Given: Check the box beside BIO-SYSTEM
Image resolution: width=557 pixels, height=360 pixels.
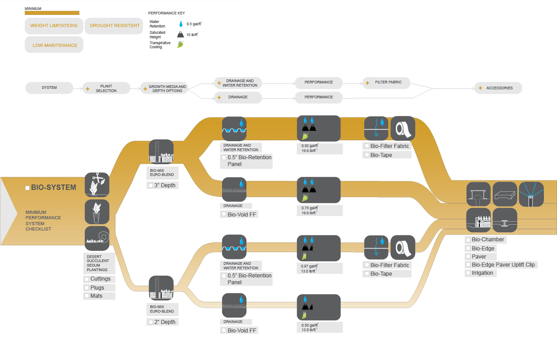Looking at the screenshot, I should pyautogui.click(x=28, y=188).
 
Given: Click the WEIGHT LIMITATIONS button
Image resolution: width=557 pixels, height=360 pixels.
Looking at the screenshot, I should pyautogui.click(x=54, y=26).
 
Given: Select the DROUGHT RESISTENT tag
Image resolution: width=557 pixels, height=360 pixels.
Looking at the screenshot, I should pyautogui.click(x=115, y=26).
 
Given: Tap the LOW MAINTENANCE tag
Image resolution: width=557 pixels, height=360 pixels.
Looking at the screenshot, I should pyautogui.click(x=55, y=45).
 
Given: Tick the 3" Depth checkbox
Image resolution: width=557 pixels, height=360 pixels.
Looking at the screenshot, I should pyautogui.click(x=151, y=185).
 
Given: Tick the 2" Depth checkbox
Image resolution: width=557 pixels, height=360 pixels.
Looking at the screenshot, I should pyautogui.click(x=151, y=322).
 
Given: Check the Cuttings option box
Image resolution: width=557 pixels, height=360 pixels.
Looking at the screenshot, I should pyautogui.click(x=87, y=279).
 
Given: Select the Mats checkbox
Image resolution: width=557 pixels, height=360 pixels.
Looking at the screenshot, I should pyautogui.click(x=87, y=296).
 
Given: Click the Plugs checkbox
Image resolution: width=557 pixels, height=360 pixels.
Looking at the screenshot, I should pyautogui.click(x=87, y=288).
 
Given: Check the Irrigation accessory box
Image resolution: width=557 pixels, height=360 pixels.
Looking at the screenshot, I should pyautogui.click(x=468, y=273).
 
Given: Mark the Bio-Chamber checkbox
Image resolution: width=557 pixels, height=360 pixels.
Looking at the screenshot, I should pyautogui.click(x=468, y=240).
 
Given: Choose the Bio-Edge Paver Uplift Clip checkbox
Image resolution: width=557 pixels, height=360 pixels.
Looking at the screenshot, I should pyautogui.click(x=468, y=265).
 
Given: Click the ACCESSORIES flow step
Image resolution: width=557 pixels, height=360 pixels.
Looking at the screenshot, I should pyautogui.click(x=498, y=88).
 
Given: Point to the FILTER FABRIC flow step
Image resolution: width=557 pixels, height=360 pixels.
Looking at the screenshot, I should pyautogui.click(x=387, y=83).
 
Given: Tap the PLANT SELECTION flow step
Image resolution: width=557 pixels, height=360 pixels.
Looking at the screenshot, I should pyautogui.click(x=106, y=88).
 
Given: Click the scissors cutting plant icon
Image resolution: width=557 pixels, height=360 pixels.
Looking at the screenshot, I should pyautogui.click(x=97, y=185).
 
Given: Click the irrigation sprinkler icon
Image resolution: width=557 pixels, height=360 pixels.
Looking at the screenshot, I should pyautogui.click(x=531, y=194).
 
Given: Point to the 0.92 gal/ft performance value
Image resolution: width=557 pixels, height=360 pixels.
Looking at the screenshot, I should pyautogui.click(x=310, y=146).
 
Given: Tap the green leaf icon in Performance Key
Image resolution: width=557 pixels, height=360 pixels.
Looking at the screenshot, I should pyautogui.click(x=181, y=45).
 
